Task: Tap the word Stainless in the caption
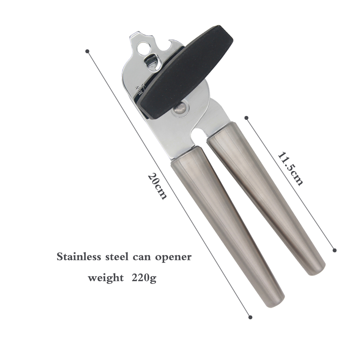pos(79,256)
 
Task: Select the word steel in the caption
pos(117,256)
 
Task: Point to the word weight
pos(106,278)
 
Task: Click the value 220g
pos(144,278)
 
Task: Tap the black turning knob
pos(185,72)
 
